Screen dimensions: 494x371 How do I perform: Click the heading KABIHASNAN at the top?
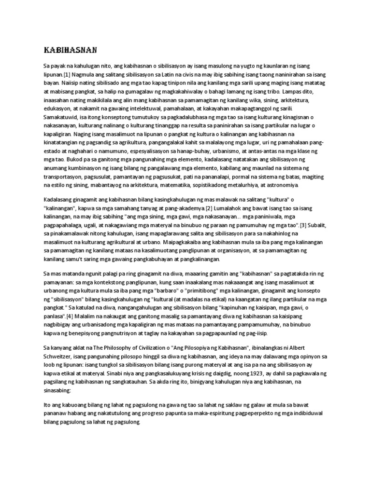pyautogui.click(x=70, y=49)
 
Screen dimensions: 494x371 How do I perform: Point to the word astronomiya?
pyautogui.click(x=282, y=185)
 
